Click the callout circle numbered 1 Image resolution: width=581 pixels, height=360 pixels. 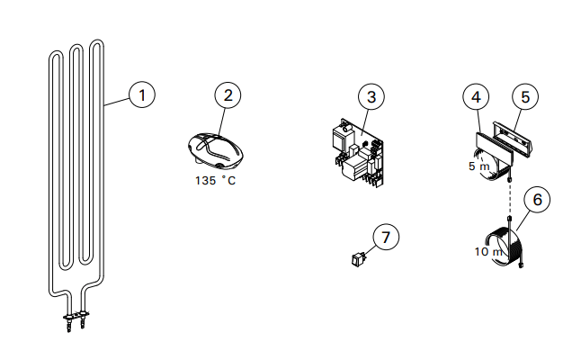(142, 95)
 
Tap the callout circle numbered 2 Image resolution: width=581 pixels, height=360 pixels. (228, 95)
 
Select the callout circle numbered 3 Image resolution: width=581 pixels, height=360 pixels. (371, 97)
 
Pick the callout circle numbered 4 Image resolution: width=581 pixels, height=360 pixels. (476, 97)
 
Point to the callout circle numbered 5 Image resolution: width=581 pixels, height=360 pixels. (525, 97)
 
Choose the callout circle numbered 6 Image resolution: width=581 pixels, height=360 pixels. (537, 200)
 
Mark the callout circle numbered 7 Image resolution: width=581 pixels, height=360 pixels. (386, 237)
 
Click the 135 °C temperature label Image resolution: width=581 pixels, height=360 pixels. (215, 181)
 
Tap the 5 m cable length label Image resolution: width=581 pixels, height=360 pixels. (479, 166)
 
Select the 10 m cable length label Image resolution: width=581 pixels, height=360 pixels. (488, 252)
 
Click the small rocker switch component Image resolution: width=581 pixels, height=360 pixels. (359, 259)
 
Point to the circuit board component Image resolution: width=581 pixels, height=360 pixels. (359, 152)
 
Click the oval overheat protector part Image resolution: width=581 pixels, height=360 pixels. (215, 148)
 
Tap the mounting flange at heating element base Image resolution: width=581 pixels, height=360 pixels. (76, 316)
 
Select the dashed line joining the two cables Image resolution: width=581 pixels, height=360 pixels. (510, 198)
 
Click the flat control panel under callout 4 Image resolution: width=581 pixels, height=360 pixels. (494, 148)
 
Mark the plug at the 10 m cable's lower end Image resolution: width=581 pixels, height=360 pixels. (522, 265)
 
